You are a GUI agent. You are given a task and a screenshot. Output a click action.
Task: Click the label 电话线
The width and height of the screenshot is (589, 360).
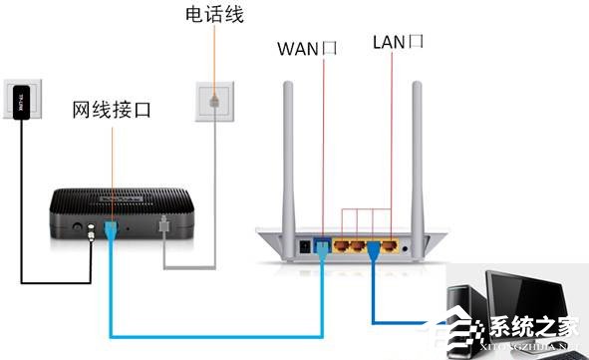click(214, 15)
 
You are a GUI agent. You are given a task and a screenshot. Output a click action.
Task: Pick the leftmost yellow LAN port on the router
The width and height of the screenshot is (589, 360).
click(343, 242)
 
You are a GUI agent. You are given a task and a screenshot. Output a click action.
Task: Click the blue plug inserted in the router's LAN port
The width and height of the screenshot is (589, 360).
click(377, 245)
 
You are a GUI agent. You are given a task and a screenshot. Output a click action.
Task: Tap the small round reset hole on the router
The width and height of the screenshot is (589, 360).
click(409, 243)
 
